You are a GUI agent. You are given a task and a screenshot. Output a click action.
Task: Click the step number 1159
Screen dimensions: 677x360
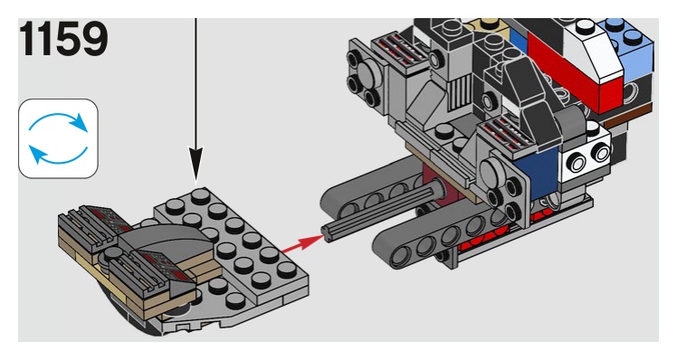tap(63, 39)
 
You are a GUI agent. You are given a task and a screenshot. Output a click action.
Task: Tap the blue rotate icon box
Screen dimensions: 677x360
tap(58, 138)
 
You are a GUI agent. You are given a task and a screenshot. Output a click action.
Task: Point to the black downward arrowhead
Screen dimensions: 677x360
tap(195, 165)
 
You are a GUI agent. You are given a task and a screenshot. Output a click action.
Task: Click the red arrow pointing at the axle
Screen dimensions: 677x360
tap(302, 243)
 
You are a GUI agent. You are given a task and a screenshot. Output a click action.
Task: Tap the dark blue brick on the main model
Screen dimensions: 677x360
tap(539, 173)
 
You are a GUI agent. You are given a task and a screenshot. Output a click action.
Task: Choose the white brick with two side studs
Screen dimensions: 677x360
tap(585, 158)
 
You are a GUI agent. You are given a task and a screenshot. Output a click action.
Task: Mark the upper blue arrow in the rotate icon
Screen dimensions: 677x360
tap(59, 121)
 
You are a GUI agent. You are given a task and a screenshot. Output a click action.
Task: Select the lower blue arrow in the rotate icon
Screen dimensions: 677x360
tap(58, 156)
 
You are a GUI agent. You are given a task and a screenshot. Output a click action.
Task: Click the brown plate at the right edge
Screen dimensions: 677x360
tap(628, 114)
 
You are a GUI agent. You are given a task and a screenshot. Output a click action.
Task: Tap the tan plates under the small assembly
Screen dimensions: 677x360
tap(142, 276)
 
